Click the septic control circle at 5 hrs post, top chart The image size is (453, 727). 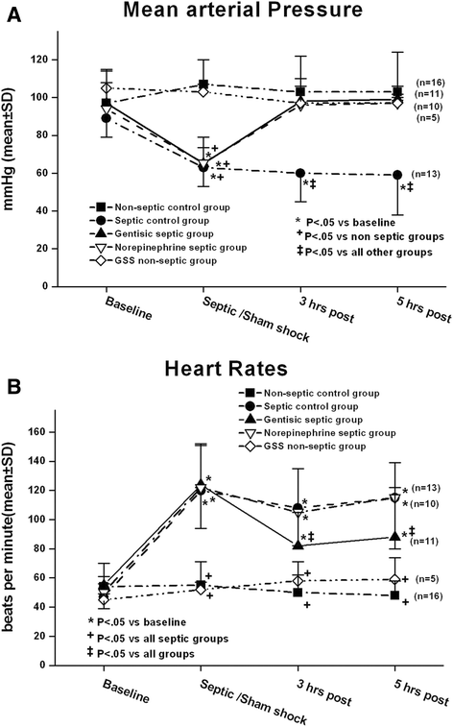pyautogui.click(x=397, y=175)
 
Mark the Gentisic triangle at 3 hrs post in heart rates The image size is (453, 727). pyautogui.click(x=299, y=545)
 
